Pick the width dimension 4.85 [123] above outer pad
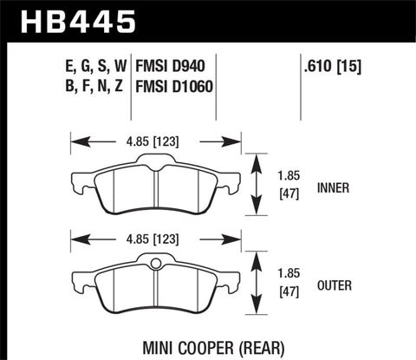(x=155, y=235)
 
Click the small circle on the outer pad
(x=155, y=265)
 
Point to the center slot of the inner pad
(x=154, y=187)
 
